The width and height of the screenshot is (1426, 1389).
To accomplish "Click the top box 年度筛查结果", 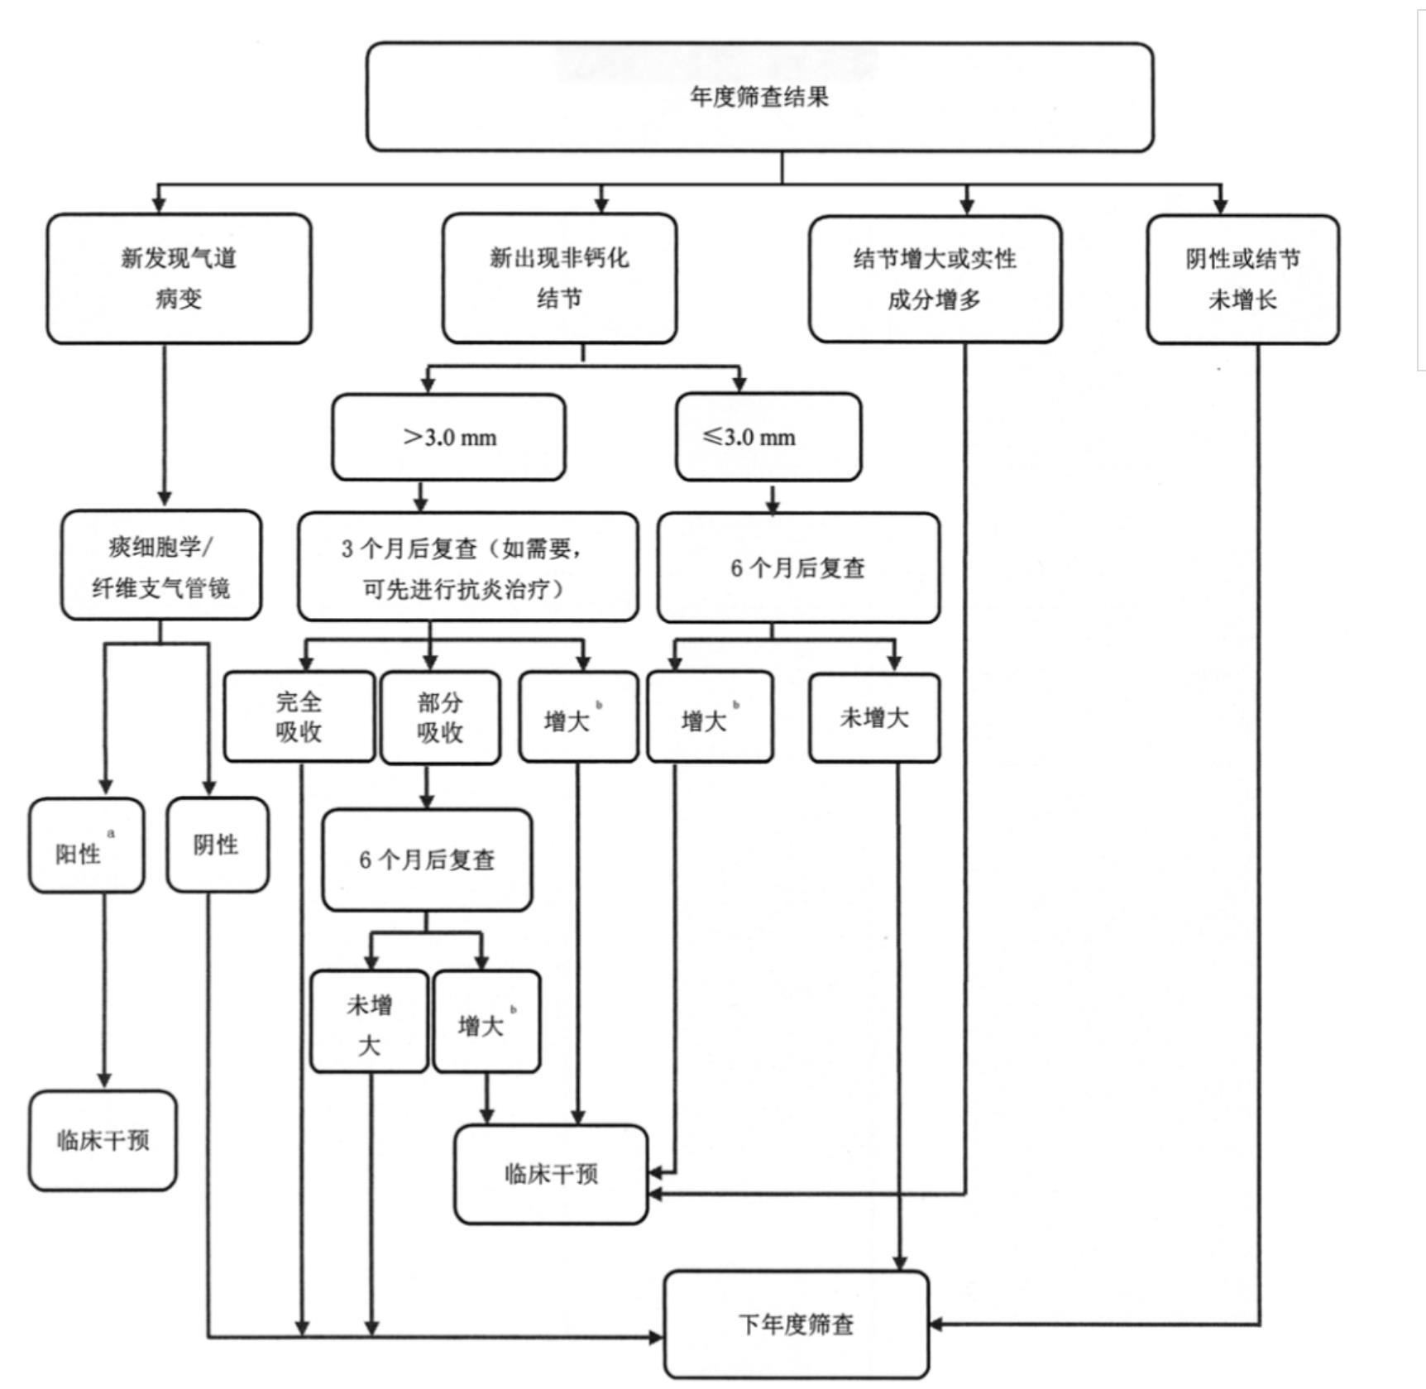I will [x=759, y=97].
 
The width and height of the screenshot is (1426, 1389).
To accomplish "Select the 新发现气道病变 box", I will [x=179, y=278].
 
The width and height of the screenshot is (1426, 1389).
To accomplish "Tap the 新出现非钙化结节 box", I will [x=559, y=278].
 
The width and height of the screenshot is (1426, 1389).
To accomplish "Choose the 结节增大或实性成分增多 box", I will [x=935, y=279].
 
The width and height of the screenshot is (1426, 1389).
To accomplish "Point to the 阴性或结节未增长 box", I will [x=1242, y=279].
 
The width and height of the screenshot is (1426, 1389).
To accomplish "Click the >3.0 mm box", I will [x=449, y=437].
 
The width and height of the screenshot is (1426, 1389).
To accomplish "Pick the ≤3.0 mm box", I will [x=768, y=437].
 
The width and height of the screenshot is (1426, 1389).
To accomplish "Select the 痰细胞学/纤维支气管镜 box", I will [x=161, y=566].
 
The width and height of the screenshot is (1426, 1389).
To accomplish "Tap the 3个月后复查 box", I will [x=467, y=568].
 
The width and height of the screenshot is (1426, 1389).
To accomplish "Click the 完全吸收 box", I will [x=299, y=716].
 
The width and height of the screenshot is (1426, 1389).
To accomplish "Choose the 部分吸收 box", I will [x=440, y=717].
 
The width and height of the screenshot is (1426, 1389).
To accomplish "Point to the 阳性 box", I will [x=86, y=845].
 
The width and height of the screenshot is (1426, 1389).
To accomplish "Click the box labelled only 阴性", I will [x=217, y=845].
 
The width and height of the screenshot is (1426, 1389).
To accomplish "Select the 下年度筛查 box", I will [x=796, y=1324].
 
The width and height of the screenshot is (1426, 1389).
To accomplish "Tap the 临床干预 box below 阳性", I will [x=103, y=1140].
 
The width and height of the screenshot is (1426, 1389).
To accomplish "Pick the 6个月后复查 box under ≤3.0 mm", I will [x=798, y=568].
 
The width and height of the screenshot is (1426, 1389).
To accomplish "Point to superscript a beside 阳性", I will [x=112, y=833].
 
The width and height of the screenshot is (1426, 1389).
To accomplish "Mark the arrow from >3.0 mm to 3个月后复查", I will [x=421, y=496].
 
